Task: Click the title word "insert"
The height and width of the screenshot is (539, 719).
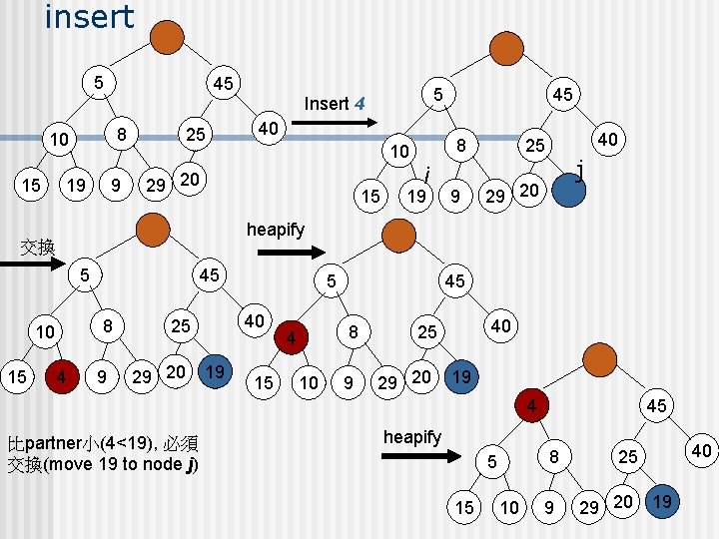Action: point(90,17)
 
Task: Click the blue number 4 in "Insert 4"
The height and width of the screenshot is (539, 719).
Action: point(359,104)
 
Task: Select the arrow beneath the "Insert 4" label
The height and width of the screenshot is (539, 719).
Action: point(335,123)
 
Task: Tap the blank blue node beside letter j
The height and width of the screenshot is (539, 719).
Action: point(568,190)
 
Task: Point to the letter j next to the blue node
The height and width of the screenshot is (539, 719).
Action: point(580,171)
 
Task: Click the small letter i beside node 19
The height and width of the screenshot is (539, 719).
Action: point(427,174)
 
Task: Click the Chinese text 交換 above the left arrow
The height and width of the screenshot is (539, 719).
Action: point(38,248)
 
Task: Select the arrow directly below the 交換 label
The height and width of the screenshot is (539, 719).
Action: point(32,264)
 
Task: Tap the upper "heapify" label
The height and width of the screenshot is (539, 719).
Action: point(276,230)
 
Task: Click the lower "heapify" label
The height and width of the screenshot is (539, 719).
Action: point(412,437)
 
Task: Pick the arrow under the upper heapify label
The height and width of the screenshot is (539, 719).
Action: point(292,253)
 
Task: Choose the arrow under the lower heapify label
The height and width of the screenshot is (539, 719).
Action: point(421,455)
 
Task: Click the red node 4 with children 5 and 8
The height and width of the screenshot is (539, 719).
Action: point(531,405)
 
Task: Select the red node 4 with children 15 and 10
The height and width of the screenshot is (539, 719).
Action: point(291,337)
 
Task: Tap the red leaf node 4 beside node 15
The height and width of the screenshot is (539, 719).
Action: point(62,376)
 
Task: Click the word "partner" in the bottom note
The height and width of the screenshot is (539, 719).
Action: point(53,443)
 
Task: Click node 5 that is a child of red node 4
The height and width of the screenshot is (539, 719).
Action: point(492,461)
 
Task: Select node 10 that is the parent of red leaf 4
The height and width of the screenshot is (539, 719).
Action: point(45,331)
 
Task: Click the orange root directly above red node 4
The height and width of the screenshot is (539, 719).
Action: point(600,359)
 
